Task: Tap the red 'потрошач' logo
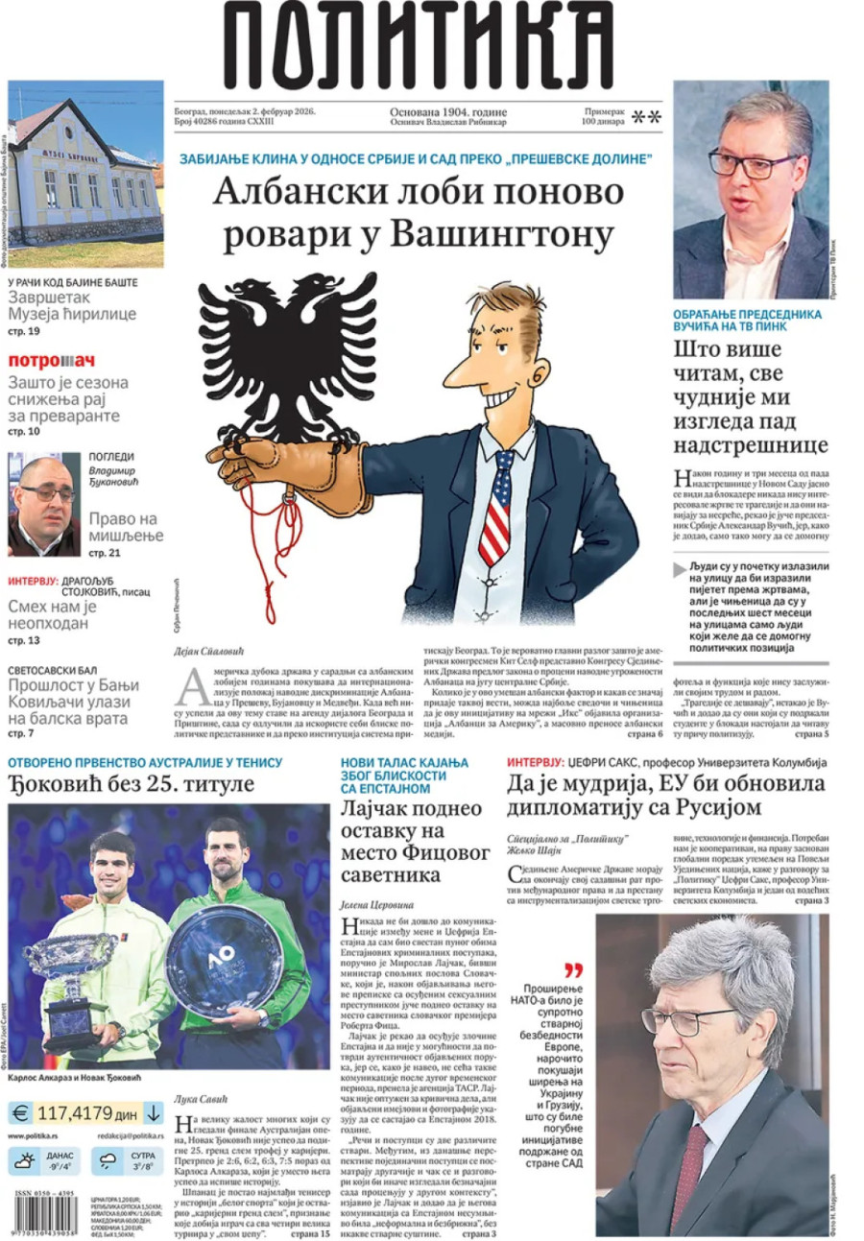pos(52,361)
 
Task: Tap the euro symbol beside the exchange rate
pos(19,1114)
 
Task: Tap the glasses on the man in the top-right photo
pos(753,164)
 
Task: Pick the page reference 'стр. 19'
pos(23,331)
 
